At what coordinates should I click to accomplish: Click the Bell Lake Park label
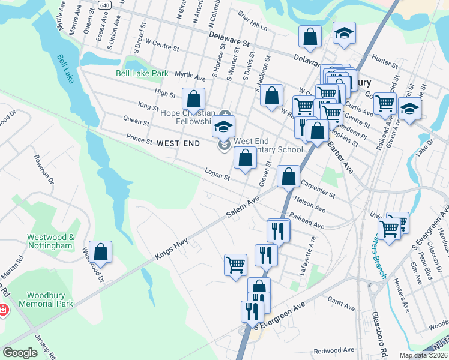[x=142, y=73]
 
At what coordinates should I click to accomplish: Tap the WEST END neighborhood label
[x=178, y=144]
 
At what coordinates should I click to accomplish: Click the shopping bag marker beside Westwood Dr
[x=101, y=253]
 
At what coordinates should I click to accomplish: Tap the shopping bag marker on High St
[x=193, y=100]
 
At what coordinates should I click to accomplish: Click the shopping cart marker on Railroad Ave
[x=385, y=104]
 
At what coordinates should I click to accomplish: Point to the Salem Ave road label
[x=242, y=206]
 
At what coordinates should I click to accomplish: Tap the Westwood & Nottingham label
[x=50, y=241]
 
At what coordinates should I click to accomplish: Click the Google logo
[x=20, y=353]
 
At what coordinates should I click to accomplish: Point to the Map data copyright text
[x=422, y=355]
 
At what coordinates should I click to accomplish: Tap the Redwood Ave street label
[x=334, y=350]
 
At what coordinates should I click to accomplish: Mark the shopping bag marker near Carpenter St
[x=289, y=177]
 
